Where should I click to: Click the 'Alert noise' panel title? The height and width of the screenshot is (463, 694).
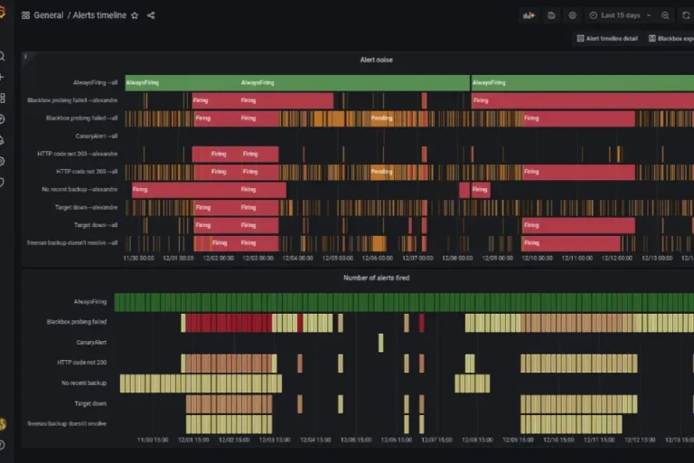(x=376, y=60)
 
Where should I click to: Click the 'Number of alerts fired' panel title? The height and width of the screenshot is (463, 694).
(x=376, y=278)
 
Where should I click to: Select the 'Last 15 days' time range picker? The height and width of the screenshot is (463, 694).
(x=620, y=15)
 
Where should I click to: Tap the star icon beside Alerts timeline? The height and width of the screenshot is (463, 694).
(x=135, y=15)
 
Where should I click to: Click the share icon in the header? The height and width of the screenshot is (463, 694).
(x=151, y=15)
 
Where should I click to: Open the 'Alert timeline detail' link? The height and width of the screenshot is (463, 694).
(x=611, y=39)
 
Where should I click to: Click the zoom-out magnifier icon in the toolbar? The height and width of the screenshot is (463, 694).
(x=665, y=15)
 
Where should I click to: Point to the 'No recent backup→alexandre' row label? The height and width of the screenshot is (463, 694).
(x=80, y=189)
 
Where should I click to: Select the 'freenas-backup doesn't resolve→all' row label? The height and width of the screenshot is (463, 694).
(x=72, y=242)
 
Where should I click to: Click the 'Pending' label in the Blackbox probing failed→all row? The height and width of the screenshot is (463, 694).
(x=381, y=118)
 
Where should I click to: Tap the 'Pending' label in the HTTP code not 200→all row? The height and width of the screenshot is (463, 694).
(x=381, y=171)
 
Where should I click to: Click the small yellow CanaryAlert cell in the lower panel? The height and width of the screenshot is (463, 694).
(x=380, y=343)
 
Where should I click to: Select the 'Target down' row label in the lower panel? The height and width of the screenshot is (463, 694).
(x=90, y=403)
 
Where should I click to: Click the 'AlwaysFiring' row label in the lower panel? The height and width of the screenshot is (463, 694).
(x=90, y=301)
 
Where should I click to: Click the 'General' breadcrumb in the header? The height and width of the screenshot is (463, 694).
(x=48, y=15)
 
